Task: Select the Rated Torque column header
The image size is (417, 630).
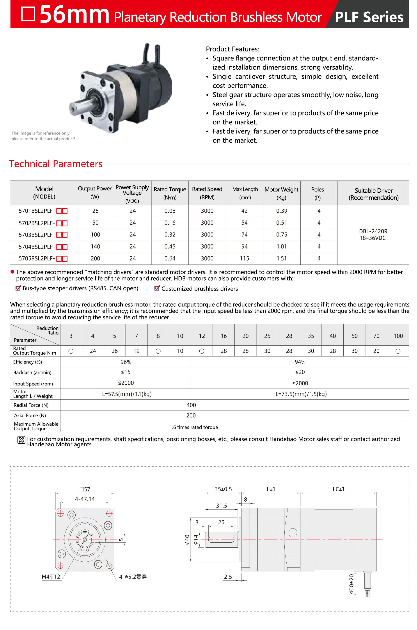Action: point(170,193)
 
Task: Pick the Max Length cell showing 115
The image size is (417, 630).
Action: point(244,259)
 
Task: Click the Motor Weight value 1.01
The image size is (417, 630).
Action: point(281,247)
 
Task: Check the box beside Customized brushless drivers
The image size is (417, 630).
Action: point(157,288)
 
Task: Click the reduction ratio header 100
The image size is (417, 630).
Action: point(398,336)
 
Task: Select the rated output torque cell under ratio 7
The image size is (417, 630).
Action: point(136,351)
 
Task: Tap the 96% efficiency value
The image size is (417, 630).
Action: point(126,362)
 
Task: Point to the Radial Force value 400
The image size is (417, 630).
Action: point(191,405)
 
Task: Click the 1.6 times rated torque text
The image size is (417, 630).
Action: point(194,427)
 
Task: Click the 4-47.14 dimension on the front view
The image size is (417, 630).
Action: point(85,499)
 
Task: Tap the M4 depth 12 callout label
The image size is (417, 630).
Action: point(51,577)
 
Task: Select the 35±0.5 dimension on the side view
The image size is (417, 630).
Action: point(223,489)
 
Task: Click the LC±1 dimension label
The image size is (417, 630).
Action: point(338,489)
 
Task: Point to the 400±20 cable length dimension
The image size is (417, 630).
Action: point(351,584)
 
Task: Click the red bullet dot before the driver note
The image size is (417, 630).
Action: point(12,272)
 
